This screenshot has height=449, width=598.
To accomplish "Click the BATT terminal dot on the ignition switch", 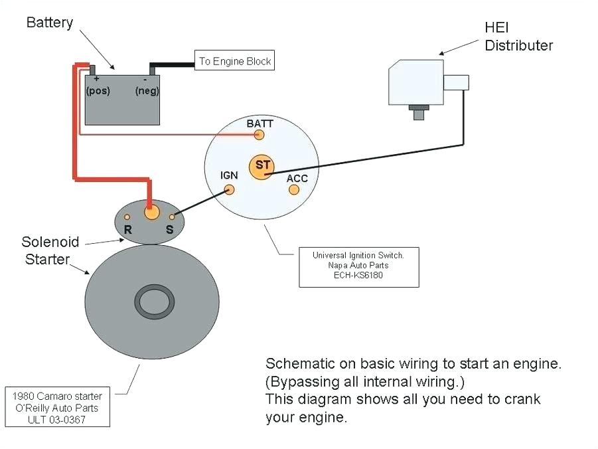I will tap(260, 135).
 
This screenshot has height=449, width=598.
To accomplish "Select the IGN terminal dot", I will tap(230, 189).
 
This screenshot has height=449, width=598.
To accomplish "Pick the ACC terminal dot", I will tap(293, 190).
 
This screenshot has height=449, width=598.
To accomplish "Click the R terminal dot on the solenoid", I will tap(127, 217).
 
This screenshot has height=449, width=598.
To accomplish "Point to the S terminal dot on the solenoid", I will tap(172, 217).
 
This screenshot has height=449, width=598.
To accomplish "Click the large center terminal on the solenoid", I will tap(152, 213).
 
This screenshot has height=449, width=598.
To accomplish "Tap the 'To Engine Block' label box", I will tap(234, 61).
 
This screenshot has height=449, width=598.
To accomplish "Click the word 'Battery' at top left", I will tap(49, 23).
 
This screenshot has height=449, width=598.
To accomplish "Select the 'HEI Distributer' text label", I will tap(518, 37).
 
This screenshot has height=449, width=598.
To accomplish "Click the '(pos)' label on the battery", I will tap(98, 90).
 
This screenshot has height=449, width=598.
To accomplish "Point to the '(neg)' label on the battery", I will tap(147, 91).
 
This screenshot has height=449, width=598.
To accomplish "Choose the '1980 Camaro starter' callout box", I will tap(56, 406).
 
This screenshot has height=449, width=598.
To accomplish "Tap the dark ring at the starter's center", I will tap(156, 302).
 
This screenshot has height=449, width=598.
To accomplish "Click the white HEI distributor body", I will tap(416, 82).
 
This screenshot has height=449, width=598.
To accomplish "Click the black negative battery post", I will tap(152, 69).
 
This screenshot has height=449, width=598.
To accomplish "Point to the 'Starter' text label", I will tap(47, 259).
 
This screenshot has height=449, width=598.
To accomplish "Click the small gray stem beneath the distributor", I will tap(419, 113).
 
